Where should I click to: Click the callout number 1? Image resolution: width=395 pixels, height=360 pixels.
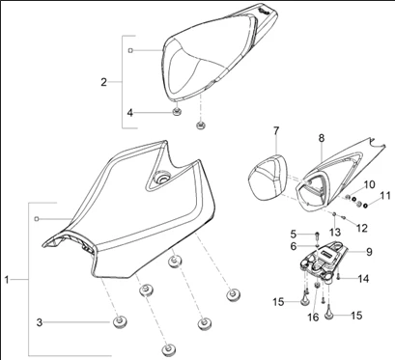[7, 280]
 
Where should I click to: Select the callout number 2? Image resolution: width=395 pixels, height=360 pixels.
[103, 82]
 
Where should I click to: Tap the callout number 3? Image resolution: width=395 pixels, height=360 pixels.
[40, 322]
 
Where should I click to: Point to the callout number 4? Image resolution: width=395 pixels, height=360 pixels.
[129, 113]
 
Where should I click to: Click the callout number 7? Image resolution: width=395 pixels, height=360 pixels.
[276, 131]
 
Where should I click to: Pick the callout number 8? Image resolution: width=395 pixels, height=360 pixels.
[322, 138]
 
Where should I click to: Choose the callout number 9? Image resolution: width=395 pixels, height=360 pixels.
[369, 252]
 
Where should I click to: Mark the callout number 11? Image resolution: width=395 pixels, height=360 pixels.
[385, 196]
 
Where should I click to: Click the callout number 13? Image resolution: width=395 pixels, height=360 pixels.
[335, 233]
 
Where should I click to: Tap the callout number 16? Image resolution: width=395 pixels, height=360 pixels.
[313, 317]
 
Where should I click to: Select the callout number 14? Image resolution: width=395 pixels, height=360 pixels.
[364, 279]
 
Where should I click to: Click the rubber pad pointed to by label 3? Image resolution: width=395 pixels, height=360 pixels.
[119, 321]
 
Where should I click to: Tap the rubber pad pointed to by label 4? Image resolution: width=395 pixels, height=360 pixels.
[177, 112]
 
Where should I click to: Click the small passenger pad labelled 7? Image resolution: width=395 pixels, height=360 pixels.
[268, 176]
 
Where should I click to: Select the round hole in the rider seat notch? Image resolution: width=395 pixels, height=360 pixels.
[161, 178]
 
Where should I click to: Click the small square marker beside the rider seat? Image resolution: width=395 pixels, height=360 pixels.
[37, 219]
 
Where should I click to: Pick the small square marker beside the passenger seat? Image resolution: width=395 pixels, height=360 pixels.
[130, 50]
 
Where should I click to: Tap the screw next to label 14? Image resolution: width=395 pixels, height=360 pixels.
[339, 276]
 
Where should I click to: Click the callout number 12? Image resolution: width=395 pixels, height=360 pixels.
[362, 228]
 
